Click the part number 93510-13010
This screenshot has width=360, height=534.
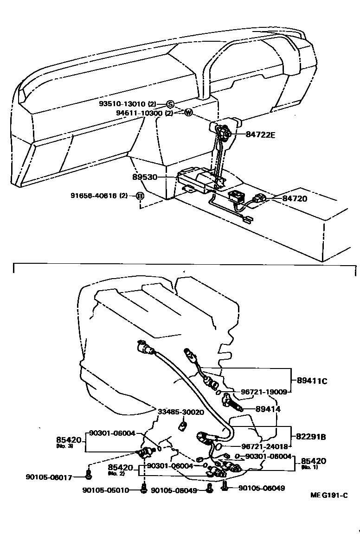click(x=126, y=104)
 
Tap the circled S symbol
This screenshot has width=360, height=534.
click(x=170, y=104)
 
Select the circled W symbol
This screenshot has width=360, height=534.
click(x=188, y=113)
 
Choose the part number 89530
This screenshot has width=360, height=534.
click(x=144, y=177)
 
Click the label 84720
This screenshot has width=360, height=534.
click(x=296, y=198)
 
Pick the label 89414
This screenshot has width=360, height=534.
click(x=269, y=409)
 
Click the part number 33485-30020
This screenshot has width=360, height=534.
click(x=181, y=412)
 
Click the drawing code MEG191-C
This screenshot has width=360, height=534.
click(x=329, y=495)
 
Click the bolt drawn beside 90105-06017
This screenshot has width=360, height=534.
click(x=89, y=474)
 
